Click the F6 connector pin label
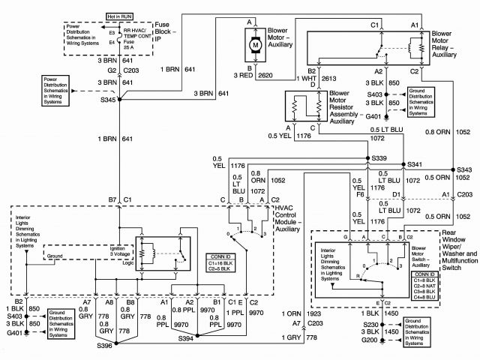click(x=361, y=194)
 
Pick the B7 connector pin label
click(x=112, y=199)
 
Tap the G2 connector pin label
click(x=111, y=70)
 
